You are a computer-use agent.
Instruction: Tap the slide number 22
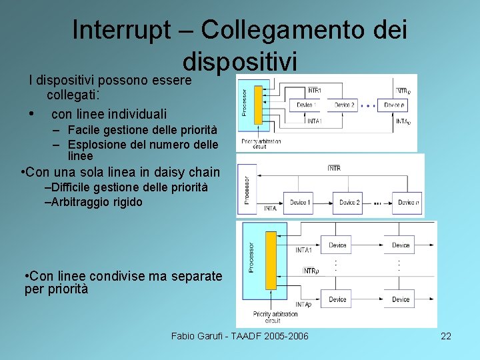(x=446, y=336)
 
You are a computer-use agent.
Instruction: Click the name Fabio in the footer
(x=184, y=336)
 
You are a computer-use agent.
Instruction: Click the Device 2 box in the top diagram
(x=344, y=105)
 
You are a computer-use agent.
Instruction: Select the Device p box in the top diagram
(x=393, y=105)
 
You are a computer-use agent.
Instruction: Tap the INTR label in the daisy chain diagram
(x=334, y=168)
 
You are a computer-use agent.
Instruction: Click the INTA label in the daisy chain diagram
(x=269, y=209)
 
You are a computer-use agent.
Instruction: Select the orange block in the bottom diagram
(x=271, y=269)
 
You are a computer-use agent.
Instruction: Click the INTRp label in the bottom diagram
(x=311, y=271)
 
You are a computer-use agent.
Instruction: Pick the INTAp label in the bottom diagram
(x=303, y=304)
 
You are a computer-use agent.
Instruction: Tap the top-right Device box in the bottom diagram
(x=401, y=245)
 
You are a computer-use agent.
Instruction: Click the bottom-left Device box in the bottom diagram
(x=337, y=299)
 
